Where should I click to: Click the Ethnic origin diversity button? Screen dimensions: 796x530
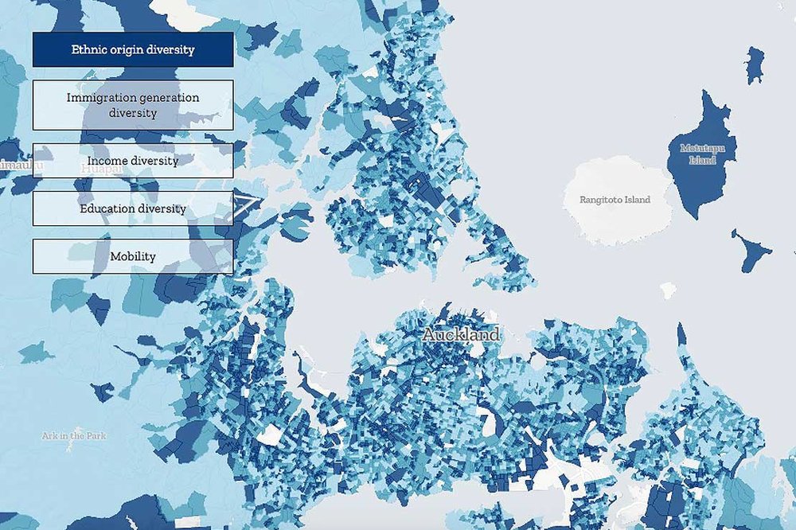[133, 49]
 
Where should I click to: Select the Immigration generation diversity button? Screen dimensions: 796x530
[133, 105]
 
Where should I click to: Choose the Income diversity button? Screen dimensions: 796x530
[133, 161]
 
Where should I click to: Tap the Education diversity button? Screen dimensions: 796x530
[133, 208]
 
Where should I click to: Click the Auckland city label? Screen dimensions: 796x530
[461, 335]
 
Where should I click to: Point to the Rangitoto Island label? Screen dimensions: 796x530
[615, 200]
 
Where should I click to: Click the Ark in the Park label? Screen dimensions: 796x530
[75, 436]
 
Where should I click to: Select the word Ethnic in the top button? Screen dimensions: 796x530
[88, 49]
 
